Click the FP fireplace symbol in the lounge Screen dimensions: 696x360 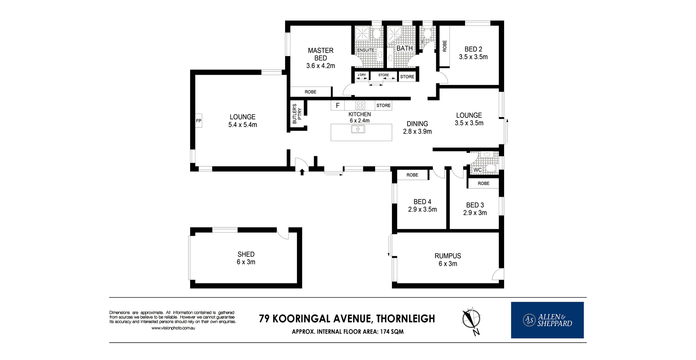pos(198,121)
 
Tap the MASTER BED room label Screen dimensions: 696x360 pos(321,54)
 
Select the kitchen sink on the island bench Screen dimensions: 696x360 pos(358,129)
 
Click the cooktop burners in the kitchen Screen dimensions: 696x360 pos(360,105)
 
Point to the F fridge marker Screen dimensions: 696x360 pos(338,106)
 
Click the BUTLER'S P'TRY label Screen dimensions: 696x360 pos(297,114)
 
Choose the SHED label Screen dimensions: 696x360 pos(246,254)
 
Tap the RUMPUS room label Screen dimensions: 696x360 pos(448,256)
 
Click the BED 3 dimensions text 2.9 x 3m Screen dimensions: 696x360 pos(475,213)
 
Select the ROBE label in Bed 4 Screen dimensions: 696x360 pos(412,175)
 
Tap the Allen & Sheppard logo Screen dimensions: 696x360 pos(547,320)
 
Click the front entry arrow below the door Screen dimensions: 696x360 pos(302,172)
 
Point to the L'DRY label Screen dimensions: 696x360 pos(362,75)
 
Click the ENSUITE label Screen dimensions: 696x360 pos(366,50)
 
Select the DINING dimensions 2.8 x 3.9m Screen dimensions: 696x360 pos(417,132)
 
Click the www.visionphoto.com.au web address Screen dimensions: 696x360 pos(173,328)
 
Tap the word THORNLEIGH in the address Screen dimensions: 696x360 pos(406,319)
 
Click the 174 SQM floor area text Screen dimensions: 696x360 pos(392,332)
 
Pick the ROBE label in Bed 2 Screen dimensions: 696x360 pos(445,46)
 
